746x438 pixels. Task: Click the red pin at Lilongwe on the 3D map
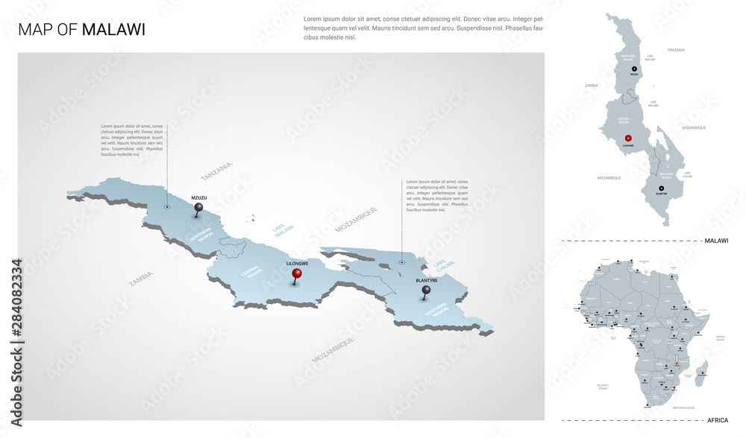point(297,273)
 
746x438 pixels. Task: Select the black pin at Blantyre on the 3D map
point(426,290)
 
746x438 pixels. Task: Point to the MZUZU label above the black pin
point(198,197)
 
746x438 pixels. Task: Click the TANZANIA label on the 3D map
point(216,171)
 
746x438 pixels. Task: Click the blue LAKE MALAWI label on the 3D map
point(283,230)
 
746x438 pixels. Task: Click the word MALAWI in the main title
point(113,30)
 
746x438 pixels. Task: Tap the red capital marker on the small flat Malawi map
point(628,138)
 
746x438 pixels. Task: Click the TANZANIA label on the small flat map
point(676,50)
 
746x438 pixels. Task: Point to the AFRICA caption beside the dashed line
point(716,419)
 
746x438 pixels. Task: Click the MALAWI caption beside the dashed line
point(715,241)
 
